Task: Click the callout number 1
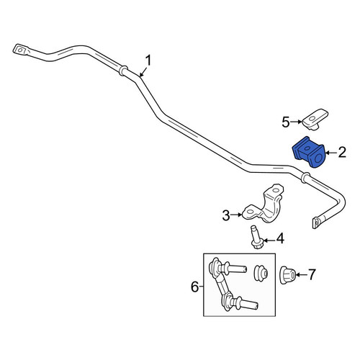click(x=148, y=60)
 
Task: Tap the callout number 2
click(x=342, y=152)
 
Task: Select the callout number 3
click(x=226, y=215)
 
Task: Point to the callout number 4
click(x=280, y=239)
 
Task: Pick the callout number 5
click(x=286, y=122)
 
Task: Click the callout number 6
click(x=194, y=287)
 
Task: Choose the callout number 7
click(x=312, y=274)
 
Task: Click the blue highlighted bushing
click(x=308, y=152)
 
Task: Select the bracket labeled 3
click(x=263, y=204)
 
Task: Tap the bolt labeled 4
click(x=256, y=237)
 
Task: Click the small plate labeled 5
click(x=315, y=120)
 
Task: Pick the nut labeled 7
click(x=288, y=275)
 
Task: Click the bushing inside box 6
click(x=261, y=273)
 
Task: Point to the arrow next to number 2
click(x=330, y=153)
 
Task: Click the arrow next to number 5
click(x=296, y=122)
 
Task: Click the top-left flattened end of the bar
click(x=21, y=50)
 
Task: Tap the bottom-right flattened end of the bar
click(x=316, y=222)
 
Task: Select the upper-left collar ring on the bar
click(x=123, y=71)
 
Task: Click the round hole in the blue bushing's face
click(x=318, y=159)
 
